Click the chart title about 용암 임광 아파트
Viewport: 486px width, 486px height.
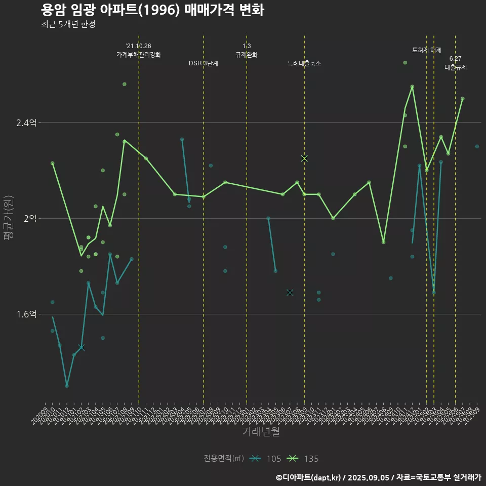[x=152, y=11]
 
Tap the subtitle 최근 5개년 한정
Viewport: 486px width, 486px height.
[x=68, y=24]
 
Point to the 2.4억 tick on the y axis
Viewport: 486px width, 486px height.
[x=26, y=123]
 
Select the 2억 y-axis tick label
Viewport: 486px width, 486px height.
[x=30, y=218]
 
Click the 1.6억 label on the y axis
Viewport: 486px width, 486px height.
[x=26, y=314]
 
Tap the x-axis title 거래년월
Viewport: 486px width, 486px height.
[x=261, y=431]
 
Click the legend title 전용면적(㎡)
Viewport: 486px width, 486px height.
[x=223, y=459]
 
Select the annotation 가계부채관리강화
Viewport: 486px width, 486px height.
[x=139, y=54]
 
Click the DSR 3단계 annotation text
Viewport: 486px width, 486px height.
[x=204, y=63]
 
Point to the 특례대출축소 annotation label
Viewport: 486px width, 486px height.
[x=304, y=63]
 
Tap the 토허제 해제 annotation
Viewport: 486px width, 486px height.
[x=427, y=50]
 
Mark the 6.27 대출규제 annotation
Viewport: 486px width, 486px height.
[x=456, y=63]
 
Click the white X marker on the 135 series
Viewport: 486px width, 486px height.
[x=304, y=158]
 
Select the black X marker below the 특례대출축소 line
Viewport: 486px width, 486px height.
[x=290, y=293]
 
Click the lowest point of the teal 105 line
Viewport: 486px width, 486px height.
[x=67, y=386]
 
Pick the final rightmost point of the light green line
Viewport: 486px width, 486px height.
[x=463, y=99]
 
